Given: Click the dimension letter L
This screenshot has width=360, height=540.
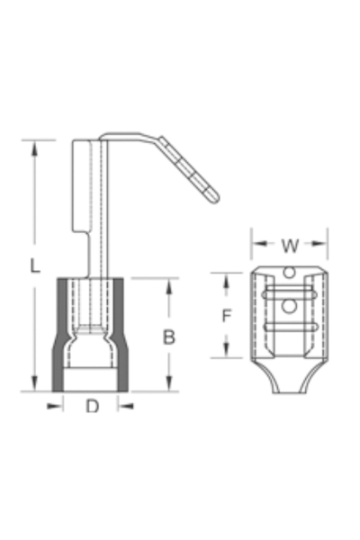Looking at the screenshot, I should coord(33,265).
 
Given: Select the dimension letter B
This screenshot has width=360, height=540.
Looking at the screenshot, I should coord(167,337).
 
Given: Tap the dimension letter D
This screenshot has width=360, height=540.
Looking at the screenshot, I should coord(92,407).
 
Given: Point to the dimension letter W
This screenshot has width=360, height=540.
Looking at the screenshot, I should coord(289,245).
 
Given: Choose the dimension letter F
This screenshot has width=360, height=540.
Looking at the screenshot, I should coord(228,316).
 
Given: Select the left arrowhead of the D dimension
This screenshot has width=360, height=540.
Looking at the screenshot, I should coord(57,406).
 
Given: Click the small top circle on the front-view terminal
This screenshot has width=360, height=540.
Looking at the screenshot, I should coord(289,273).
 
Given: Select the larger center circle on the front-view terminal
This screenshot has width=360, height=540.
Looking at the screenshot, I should coord(289,306).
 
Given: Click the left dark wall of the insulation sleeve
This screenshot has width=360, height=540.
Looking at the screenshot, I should coord(59,333).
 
